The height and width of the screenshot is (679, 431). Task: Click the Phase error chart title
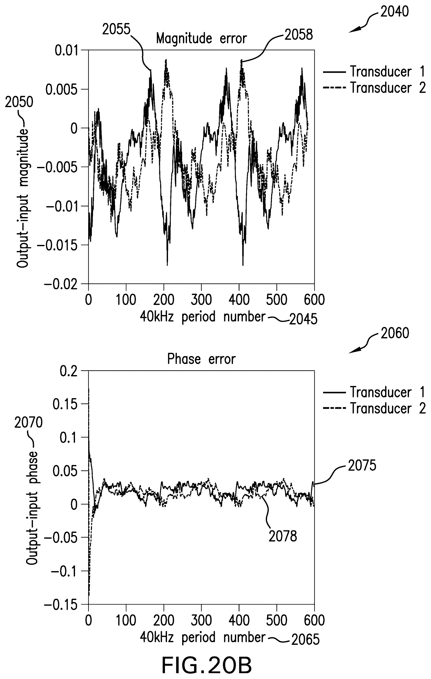coord(201,359)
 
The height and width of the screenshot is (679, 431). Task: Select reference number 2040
coord(394,12)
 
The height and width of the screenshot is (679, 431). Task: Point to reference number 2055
coord(116,29)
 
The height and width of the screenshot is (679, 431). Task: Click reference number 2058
coord(299,35)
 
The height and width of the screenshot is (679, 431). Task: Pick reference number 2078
coord(283,536)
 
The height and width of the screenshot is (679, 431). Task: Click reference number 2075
coord(362,465)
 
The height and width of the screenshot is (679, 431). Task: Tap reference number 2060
coord(395,333)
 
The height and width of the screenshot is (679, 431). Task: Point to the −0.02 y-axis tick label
coord(61,284)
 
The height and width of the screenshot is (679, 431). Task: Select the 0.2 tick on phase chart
coord(69,371)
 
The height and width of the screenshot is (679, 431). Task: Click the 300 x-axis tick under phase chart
coord(201,621)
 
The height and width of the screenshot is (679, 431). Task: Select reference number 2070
coord(28,423)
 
